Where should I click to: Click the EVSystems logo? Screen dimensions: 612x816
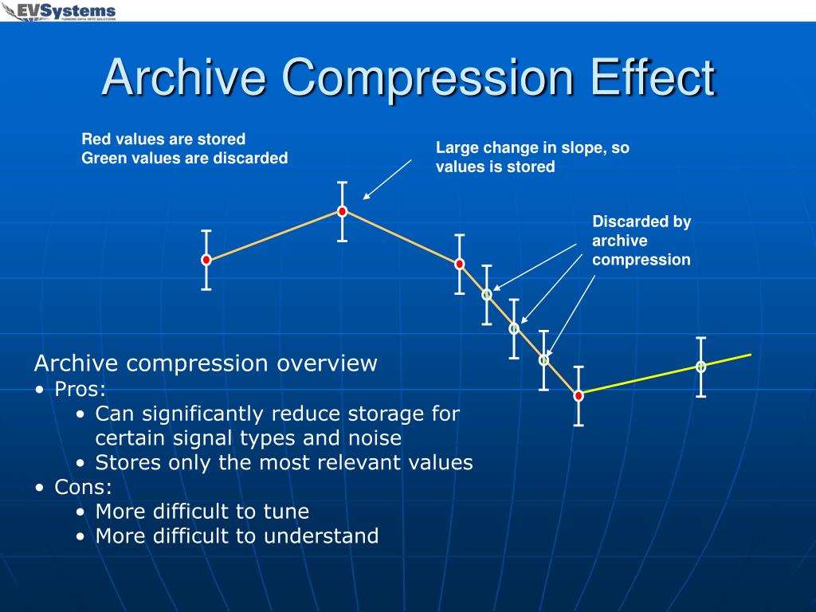point(61,12)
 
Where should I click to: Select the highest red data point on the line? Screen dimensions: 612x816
point(342,211)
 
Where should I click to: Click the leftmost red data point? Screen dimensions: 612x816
point(206,260)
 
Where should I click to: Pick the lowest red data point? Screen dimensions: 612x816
point(579,395)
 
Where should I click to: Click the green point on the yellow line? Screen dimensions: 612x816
point(701,367)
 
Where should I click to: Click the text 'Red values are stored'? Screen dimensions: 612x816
point(163,139)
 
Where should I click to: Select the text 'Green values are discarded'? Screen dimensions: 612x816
point(184,159)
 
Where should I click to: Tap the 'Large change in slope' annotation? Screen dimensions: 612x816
point(532,148)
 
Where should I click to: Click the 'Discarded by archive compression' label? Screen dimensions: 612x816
point(641,241)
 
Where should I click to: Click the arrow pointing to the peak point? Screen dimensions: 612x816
point(387,178)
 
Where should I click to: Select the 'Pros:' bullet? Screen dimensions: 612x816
point(80,389)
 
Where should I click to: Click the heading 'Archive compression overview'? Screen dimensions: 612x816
point(205,364)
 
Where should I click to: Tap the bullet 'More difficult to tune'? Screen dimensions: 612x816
point(202,512)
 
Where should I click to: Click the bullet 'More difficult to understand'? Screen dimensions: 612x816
point(237,536)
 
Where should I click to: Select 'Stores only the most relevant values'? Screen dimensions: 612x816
point(284,463)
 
